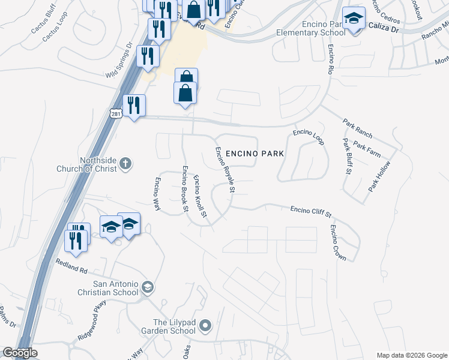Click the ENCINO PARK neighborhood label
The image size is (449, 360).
click(255, 154)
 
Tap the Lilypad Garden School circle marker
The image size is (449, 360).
click(205, 326)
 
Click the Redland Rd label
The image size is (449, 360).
click(71, 265)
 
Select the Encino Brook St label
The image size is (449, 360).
click(185, 188)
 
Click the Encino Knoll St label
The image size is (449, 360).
click(200, 196)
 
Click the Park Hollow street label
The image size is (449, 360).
click(379, 176)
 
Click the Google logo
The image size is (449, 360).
click(20, 353)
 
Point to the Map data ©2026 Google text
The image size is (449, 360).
click(412, 355)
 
